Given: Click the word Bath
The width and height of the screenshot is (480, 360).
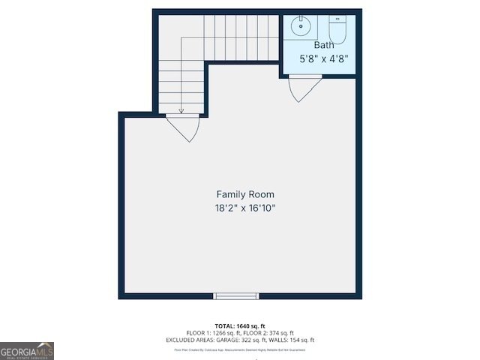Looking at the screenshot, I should pyautogui.click(x=324, y=45).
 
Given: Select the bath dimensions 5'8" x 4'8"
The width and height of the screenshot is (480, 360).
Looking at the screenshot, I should pyautogui.click(x=324, y=58).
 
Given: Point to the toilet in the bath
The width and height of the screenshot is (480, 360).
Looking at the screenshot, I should pyautogui.click(x=337, y=30).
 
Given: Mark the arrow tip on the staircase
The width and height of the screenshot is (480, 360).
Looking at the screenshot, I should pyautogui.click(x=181, y=111).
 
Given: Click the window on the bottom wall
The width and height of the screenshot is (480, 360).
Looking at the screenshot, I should pyautogui.click(x=236, y=296).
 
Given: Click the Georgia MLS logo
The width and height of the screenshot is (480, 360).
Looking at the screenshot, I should pyautogui.click(x=27, y=350).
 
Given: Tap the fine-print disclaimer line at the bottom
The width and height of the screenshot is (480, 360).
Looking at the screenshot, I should pyautogui.click(x=240, y=349).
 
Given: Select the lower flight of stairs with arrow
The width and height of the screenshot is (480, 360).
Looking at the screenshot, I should pyautogui.click(x=181, y=86).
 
